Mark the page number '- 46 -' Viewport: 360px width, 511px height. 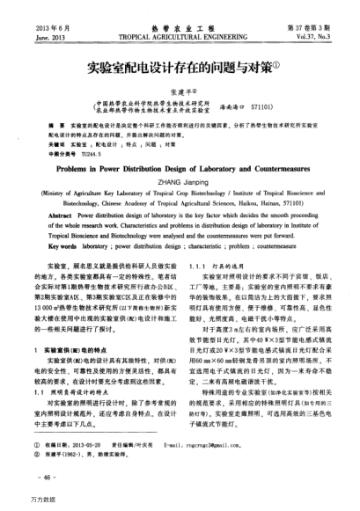point(43,475)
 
